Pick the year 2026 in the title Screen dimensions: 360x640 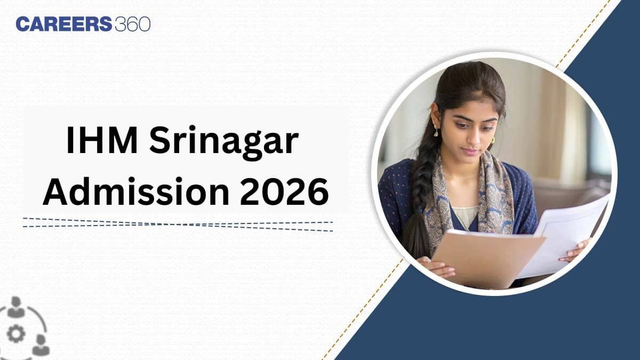pos(284,193)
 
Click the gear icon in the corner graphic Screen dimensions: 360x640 pos(17,334)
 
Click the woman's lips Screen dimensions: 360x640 pos(469,152)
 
